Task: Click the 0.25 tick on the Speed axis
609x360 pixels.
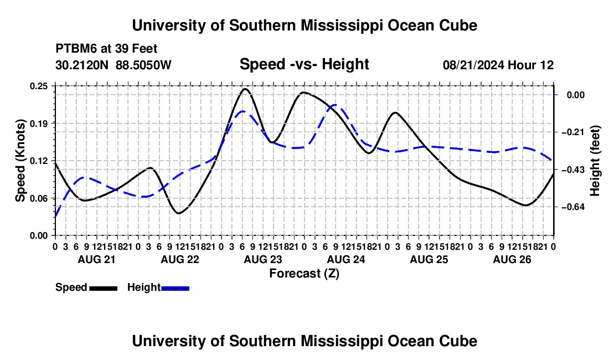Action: pos(38,86)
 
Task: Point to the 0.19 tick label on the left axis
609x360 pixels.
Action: pos(38,124)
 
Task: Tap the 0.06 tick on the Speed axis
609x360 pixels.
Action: pos(38,198)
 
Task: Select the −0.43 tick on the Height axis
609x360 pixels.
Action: pos(573,169)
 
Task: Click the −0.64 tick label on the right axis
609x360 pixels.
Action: pos(573,207)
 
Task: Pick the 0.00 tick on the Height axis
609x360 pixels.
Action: pos(576,95)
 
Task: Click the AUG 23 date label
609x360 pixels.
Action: pos(263,259)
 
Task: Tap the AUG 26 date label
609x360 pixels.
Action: pos(512,259)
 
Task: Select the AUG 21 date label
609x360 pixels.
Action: pos(97,259)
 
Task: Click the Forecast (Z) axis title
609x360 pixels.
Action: pos(304,274)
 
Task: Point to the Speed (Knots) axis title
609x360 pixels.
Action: pos(20,161)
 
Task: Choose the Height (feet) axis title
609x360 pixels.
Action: pos(595,161)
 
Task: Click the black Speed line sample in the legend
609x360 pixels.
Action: pos(104,288)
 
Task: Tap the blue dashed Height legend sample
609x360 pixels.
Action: pos(175,288)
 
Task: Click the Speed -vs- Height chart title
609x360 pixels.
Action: pos(304,64)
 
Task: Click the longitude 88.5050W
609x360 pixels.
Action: pos(143,65)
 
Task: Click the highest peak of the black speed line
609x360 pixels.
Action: pos(245,89)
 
